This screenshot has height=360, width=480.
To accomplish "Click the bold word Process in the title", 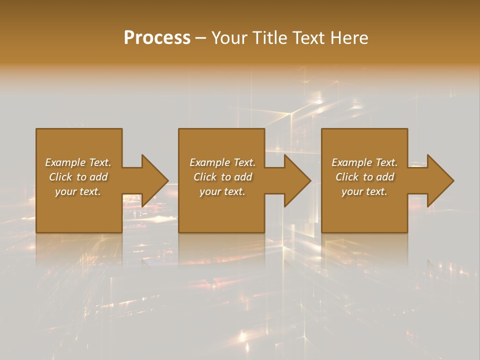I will (x=157, y=38).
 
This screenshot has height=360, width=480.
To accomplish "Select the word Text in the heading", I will (x=309, y=38).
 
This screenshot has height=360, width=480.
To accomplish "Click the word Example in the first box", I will (x=65, y=162).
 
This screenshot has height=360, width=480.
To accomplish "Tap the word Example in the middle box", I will (x=210, y=162).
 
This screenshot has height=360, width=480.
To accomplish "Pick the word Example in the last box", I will (x=352, y=162).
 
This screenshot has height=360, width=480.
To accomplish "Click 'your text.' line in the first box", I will (x=78, y=191).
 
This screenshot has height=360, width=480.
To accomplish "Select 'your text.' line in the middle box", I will (x=222, y=191).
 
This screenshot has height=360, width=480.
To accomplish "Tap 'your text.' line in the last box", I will (x=364, y=191).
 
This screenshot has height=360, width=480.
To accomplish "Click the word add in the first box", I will (x=99, y=177).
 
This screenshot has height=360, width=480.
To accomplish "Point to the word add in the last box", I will (x=385, y=177).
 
